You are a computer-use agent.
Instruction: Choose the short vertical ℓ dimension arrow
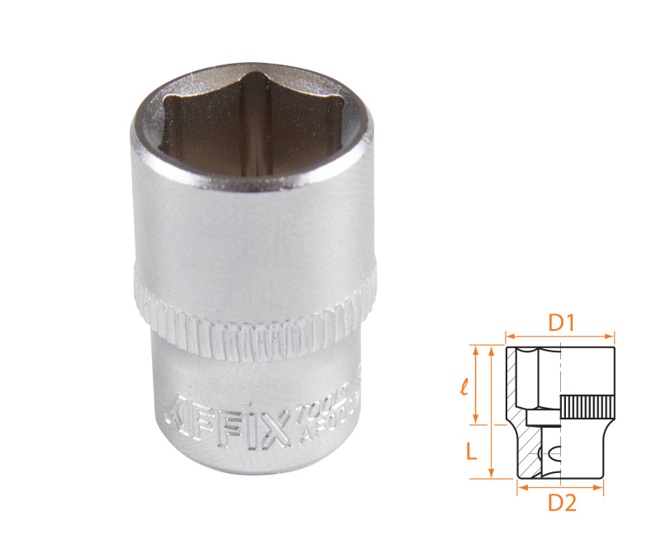(x=477, y=384)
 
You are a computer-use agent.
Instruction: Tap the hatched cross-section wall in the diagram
(x=514, y=389)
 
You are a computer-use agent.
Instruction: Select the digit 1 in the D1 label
(x=570, y=323)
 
